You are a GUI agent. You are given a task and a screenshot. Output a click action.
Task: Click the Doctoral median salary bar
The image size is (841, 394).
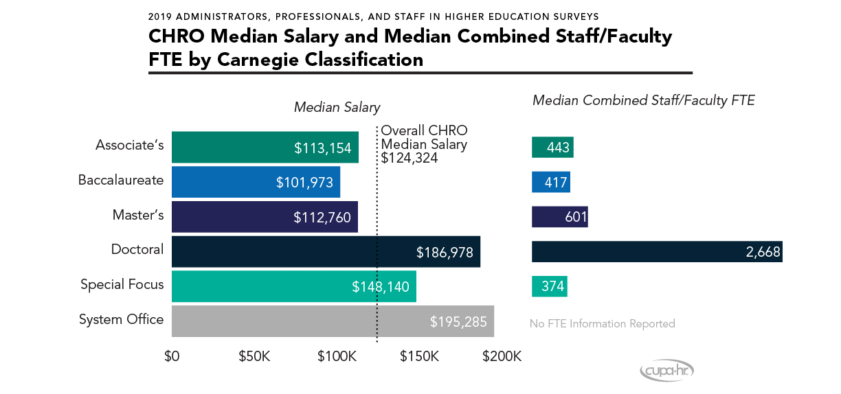(x=326, y=251)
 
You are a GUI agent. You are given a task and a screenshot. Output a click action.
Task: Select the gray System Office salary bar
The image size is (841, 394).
(x=333, y=321)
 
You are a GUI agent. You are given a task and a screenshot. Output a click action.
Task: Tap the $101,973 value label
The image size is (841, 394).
(x=304, y=183)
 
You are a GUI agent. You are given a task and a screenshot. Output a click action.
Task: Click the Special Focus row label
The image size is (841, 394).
(x=122, y=284)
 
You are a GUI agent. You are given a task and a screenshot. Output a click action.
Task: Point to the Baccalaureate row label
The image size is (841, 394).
(x=120, y=181)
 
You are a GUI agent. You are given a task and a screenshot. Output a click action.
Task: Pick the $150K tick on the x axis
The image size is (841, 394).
(x=419, y=357)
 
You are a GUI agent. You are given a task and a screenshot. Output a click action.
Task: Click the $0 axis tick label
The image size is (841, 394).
(x=172, y=357)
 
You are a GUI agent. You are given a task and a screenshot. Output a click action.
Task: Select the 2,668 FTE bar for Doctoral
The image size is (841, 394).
(x=656, y=252)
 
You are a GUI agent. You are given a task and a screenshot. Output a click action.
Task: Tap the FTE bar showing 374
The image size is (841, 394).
(x=549, y=286)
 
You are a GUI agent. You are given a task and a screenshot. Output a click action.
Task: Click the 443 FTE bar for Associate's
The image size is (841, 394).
(x=552, y=148)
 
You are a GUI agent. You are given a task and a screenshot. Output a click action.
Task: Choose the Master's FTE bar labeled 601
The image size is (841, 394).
(x=559, y=217)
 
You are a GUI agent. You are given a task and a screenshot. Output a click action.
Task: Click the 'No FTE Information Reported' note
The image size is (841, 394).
(x=602, y=323)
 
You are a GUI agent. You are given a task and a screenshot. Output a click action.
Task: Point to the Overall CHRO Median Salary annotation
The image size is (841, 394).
(x=424, y=144)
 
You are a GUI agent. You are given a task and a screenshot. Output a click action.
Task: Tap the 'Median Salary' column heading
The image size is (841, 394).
(x=337, y=107)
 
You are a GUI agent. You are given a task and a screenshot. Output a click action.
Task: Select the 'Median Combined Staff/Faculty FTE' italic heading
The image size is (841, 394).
(x=644, y=101)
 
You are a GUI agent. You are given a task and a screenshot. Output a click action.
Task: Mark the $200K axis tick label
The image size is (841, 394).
(x=502, y=357)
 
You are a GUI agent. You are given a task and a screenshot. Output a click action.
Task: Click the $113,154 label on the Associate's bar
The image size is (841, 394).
(x=323, y=148)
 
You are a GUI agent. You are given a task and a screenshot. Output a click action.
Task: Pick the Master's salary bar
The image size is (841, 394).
(x=265, y=217)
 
